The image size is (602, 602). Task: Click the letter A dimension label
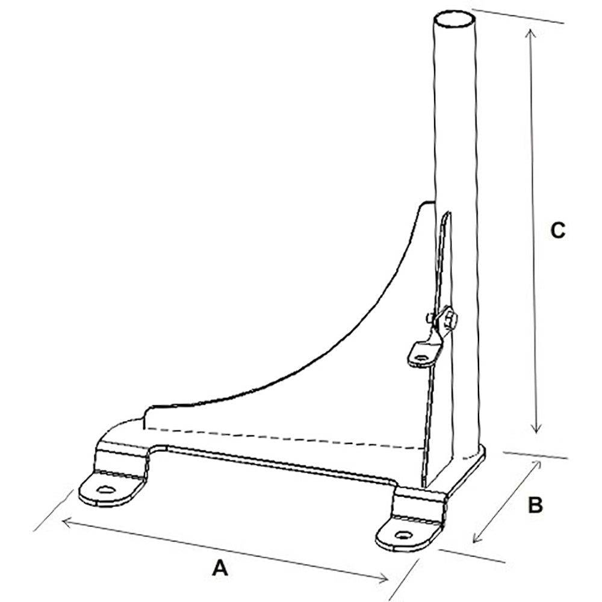tap(221, 567)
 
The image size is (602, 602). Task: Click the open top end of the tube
tap(455, 18)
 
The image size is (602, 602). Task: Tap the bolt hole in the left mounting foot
tap(107, 489)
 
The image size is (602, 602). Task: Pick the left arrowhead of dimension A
tap(65, 521)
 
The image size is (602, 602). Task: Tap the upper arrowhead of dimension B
tap(536, 467)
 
